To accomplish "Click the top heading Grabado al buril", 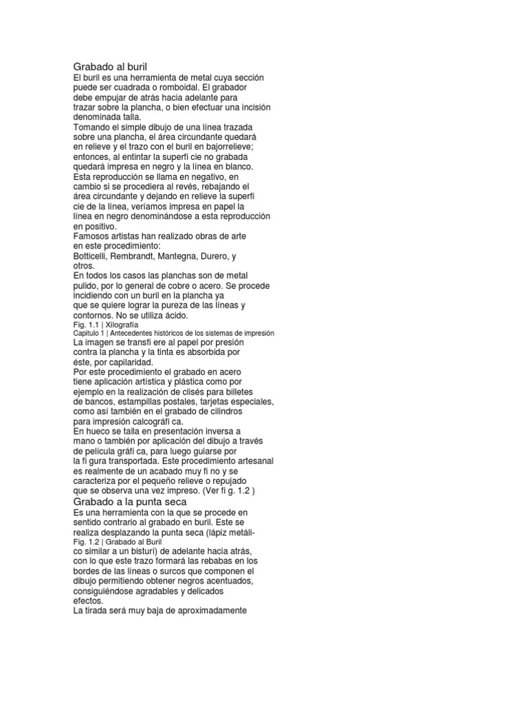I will [x=111, y=67].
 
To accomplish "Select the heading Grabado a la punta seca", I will [x=130, y=502].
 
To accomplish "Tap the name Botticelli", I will [x=93, y=256].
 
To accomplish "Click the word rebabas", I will [x=225, y=562].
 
